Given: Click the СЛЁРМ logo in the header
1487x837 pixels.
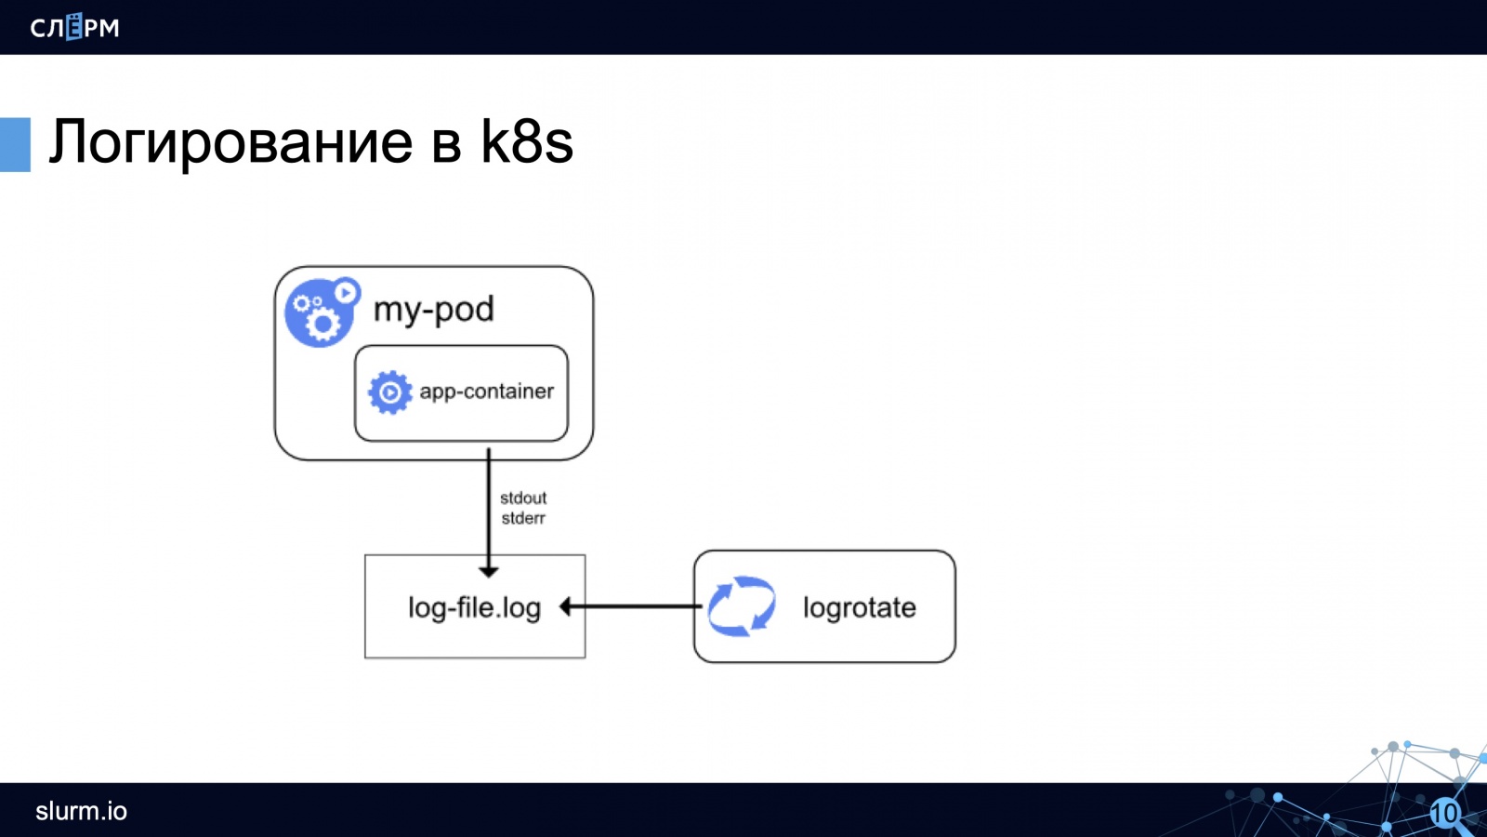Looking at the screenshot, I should (74, 27).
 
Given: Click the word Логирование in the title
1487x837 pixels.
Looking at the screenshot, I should (230, 142).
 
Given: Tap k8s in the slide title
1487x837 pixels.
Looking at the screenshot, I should (526, 141).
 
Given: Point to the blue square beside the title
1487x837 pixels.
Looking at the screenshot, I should (15, 144).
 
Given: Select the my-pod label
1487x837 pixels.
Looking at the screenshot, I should (433, 310).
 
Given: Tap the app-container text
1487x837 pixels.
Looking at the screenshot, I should (486, 392).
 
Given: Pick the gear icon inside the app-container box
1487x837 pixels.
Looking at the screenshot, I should (389, 392).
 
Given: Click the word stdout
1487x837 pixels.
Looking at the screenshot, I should (523, 498).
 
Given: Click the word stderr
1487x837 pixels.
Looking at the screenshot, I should (523, 519).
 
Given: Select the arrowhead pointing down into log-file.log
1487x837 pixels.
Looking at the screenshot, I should (489, 571).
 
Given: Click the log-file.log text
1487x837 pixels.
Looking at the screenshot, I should (474, 608).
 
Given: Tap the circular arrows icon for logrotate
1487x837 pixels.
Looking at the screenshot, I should (742, 606).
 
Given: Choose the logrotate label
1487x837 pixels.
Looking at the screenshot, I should (859, 608).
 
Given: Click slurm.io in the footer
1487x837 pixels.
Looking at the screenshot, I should (81, 811).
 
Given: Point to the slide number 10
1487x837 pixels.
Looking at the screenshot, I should (1444, 814).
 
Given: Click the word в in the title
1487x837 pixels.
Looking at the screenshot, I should (446, 144).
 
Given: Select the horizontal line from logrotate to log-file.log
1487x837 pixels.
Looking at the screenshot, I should (637, 606).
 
